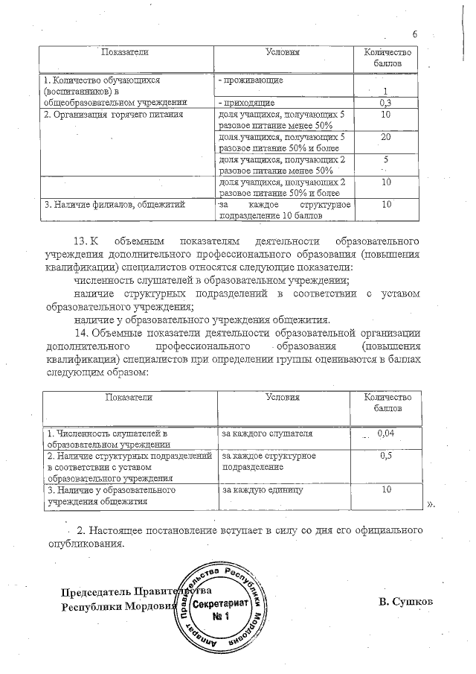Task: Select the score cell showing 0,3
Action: point(385,102)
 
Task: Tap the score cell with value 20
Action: point(385,138)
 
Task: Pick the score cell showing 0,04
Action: point(385,433)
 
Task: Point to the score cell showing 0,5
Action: point(385,455)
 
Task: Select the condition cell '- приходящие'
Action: point(247,102)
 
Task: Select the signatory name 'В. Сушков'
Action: point(405,600)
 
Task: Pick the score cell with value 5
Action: point(385,159)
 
